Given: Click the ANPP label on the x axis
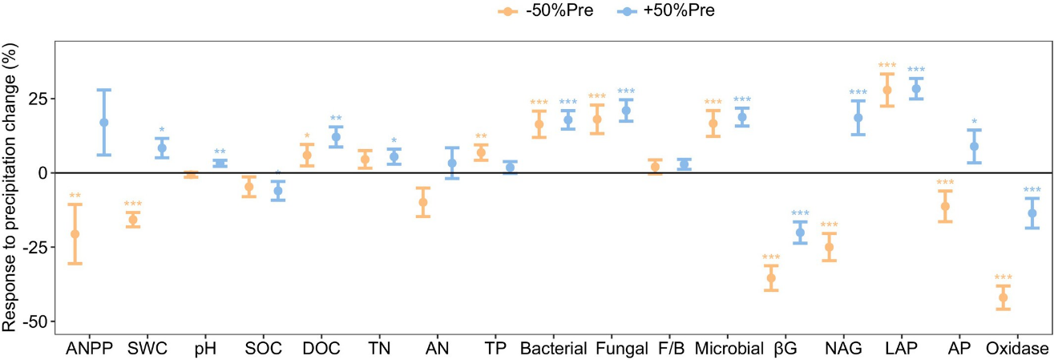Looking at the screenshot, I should [x=89, y=349].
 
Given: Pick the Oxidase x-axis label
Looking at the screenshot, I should [x=1017, y=349].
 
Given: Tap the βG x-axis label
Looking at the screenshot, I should [x=785, y=349].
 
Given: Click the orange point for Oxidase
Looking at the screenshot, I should [x=1003, y=297].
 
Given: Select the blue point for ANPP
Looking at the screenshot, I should [x=103, y=123].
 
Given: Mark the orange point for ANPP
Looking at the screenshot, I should [x=75, y=234].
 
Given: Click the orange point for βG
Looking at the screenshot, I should [x=771, y=278].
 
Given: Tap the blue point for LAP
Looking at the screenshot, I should [x=916, y=88].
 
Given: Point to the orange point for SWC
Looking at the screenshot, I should [x=133, y=220].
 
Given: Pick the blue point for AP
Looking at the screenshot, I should [x=975, y=147].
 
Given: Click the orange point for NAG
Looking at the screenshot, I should [x=830, y=247].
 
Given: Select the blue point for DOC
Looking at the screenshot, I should [x=336, y=137].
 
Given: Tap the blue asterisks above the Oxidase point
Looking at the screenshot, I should [x=1032, y=191].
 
